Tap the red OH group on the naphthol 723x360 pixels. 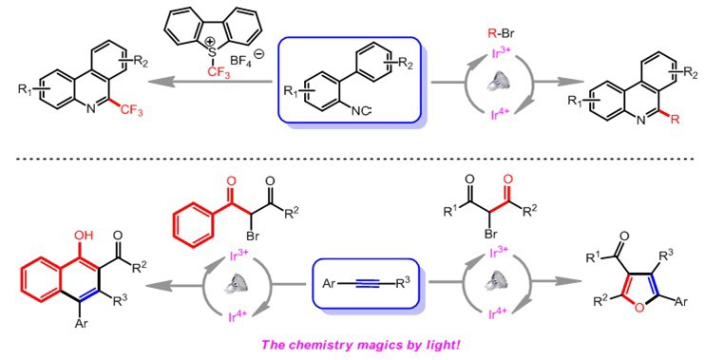tap(86, 236)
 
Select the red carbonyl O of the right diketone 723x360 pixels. tap(507, 179)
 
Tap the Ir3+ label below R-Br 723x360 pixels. tap(502, 60)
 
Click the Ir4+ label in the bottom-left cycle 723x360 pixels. tap(238, 316)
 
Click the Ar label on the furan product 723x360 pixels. tap(680, 302)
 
